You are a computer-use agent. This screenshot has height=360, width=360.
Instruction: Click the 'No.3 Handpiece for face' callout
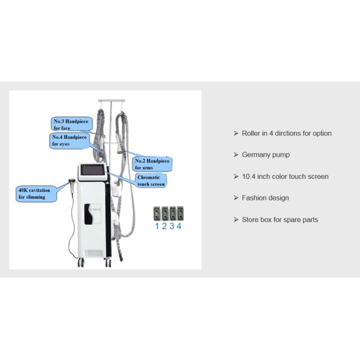pos(70,124)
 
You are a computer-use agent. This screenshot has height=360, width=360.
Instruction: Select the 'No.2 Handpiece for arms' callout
pos(152,164)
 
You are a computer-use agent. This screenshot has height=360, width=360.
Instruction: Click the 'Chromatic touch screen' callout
pos(150,180)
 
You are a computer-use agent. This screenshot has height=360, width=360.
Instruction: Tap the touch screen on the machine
pos(93,172)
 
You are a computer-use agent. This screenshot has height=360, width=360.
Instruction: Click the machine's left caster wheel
pos(80,262)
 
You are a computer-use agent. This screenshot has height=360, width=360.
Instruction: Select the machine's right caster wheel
pos(108,262)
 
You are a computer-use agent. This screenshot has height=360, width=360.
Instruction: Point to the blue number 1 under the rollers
pos(157,226)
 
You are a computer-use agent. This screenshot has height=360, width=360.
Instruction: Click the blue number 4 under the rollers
pos(179,226)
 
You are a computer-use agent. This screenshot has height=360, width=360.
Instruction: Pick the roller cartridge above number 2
pos(164,214)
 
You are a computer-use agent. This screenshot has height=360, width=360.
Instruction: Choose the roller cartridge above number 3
pos(172,214)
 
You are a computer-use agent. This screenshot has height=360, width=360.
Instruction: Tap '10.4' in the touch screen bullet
pos(248,176)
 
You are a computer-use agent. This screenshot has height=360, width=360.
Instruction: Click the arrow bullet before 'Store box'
pos(236,220)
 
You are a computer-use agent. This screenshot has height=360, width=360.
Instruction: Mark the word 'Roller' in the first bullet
pos(251,133)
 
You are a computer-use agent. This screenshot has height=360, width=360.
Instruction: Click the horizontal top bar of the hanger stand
pos(112,100)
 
